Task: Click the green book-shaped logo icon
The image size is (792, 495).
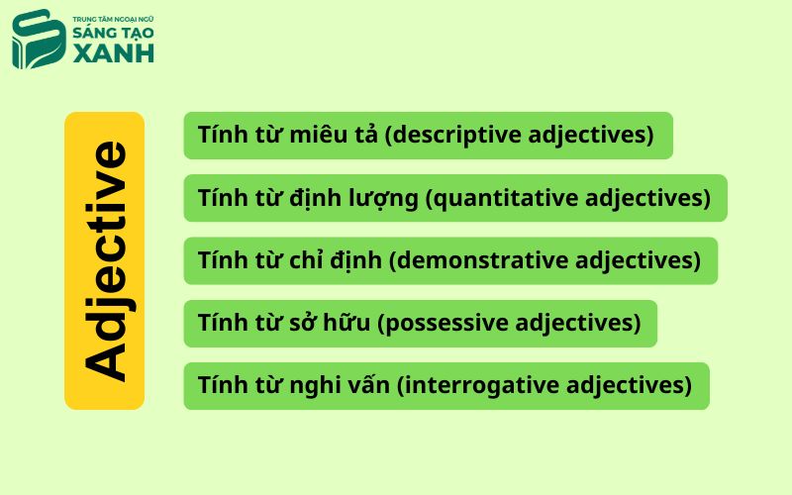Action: click(x=39, y=39)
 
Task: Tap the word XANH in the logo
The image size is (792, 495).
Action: click(x=114, y=53)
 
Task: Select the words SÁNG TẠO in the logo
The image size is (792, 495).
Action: click(x=113, y=32)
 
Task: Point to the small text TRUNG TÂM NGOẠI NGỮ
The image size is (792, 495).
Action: click(x=113, y=19)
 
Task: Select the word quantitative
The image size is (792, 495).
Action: click(x=506, y=198)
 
